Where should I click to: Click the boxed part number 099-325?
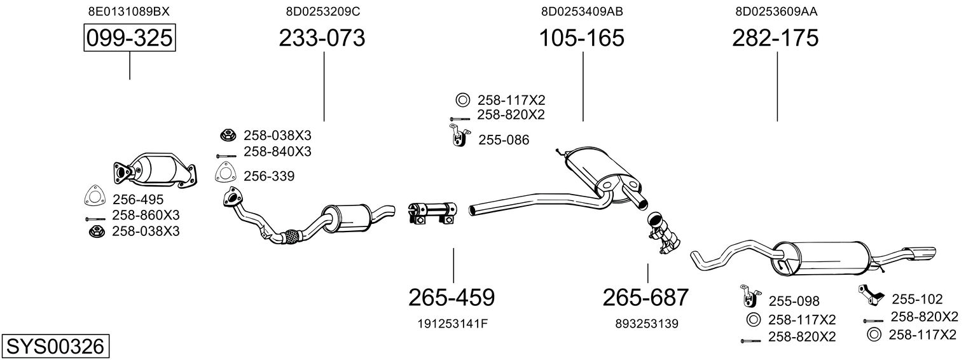tap(130, 38)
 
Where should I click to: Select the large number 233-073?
tap(322, 38)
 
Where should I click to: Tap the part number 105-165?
tap(582, 38)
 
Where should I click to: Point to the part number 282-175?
tap(775, 38)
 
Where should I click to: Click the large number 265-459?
tap(452, 297)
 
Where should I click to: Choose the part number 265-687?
tap(645, 297)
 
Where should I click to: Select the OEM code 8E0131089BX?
tap(129, 11)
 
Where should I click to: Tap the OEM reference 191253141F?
tap(453, 324)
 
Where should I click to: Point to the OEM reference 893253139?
tap(647, 324)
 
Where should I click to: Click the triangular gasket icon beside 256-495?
tap(93, 198)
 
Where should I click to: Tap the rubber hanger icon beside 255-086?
tap(457, 136)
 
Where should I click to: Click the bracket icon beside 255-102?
tap(870, 294)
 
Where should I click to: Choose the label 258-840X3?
tap(277, 152)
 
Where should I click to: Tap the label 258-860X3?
tap(146, 216)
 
